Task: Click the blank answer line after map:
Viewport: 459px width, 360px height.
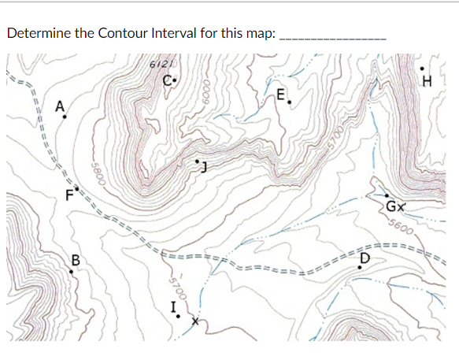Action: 333,35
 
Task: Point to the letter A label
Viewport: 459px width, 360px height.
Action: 59,106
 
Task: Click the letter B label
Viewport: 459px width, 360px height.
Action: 76,260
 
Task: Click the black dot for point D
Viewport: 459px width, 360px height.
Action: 361,266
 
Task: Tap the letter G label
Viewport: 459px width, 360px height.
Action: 391,207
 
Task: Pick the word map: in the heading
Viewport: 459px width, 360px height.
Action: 261,34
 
